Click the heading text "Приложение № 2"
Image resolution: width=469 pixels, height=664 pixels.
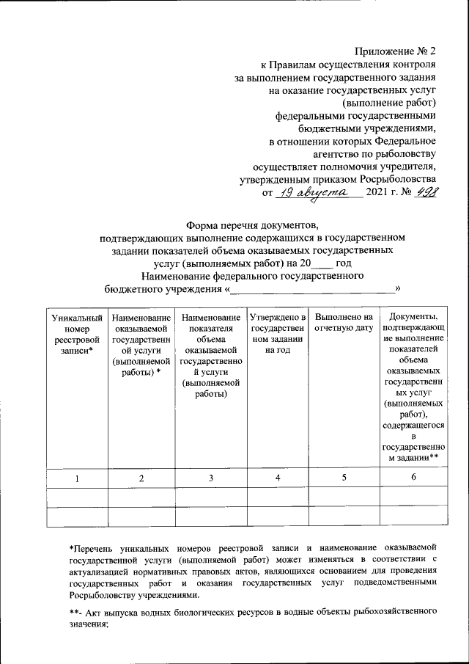point(396,51)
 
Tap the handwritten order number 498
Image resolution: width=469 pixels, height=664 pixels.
point(423,191)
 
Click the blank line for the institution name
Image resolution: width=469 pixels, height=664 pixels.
point(311,291)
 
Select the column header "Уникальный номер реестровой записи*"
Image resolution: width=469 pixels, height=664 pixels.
point(75,334)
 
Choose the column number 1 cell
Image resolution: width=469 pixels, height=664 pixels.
point(75,478)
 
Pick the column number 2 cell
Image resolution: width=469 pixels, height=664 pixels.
point(141,478)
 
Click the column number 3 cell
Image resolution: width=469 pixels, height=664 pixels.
point(210,478)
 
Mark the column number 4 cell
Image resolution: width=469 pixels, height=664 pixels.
point(277,478)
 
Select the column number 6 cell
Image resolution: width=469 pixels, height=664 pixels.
point(413,478)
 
